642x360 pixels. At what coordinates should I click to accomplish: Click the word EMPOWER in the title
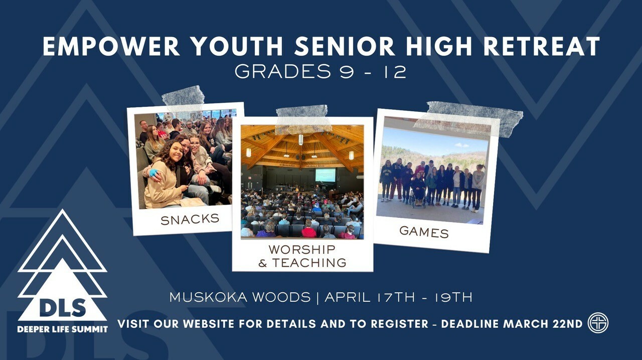111,47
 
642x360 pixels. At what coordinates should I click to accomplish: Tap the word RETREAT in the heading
542,47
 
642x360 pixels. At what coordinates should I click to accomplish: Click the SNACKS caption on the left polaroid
190,220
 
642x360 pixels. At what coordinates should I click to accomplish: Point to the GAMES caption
424,232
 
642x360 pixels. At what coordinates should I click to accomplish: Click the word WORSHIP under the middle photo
302,250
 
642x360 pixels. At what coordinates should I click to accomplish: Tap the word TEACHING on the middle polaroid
309,263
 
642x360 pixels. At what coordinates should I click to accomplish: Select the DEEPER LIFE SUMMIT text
63,329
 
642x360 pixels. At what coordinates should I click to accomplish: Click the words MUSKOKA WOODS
240,297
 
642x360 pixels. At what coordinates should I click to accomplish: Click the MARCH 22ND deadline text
543,324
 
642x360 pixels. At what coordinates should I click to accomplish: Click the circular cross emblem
598,323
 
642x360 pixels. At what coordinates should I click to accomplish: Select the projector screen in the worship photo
326,175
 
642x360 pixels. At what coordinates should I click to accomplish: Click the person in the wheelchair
418,190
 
